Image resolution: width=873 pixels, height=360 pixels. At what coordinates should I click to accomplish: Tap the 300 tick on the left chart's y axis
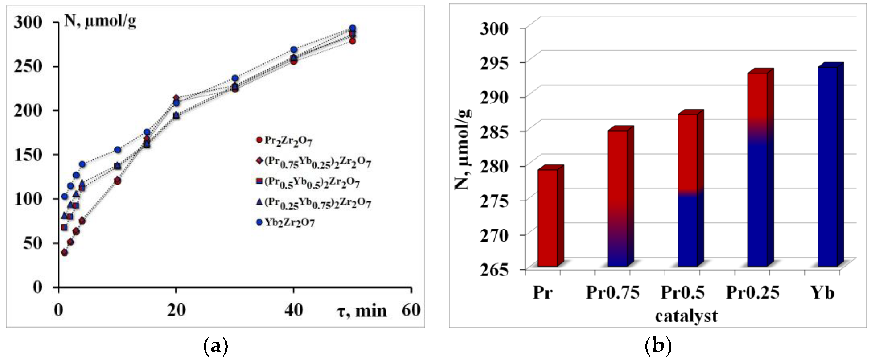coord(28,22)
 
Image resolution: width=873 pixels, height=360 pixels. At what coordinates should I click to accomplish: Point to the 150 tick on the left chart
coord(28,155)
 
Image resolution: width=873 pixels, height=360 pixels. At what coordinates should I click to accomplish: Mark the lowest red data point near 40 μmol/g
coord(64,253)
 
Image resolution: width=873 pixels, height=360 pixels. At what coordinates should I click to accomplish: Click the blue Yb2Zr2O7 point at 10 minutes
coord(118,149)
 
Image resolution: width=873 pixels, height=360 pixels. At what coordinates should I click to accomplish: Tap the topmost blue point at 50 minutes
coord(352,28)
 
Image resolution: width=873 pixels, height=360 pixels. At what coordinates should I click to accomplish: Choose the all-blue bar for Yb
coord(827,166)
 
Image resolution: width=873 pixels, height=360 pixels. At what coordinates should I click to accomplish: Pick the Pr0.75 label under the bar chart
coord(612,292)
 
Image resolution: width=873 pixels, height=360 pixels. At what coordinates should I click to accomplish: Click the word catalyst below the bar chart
coord(686,316)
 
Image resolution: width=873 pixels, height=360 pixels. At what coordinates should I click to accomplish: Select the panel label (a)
coord(216,346)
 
